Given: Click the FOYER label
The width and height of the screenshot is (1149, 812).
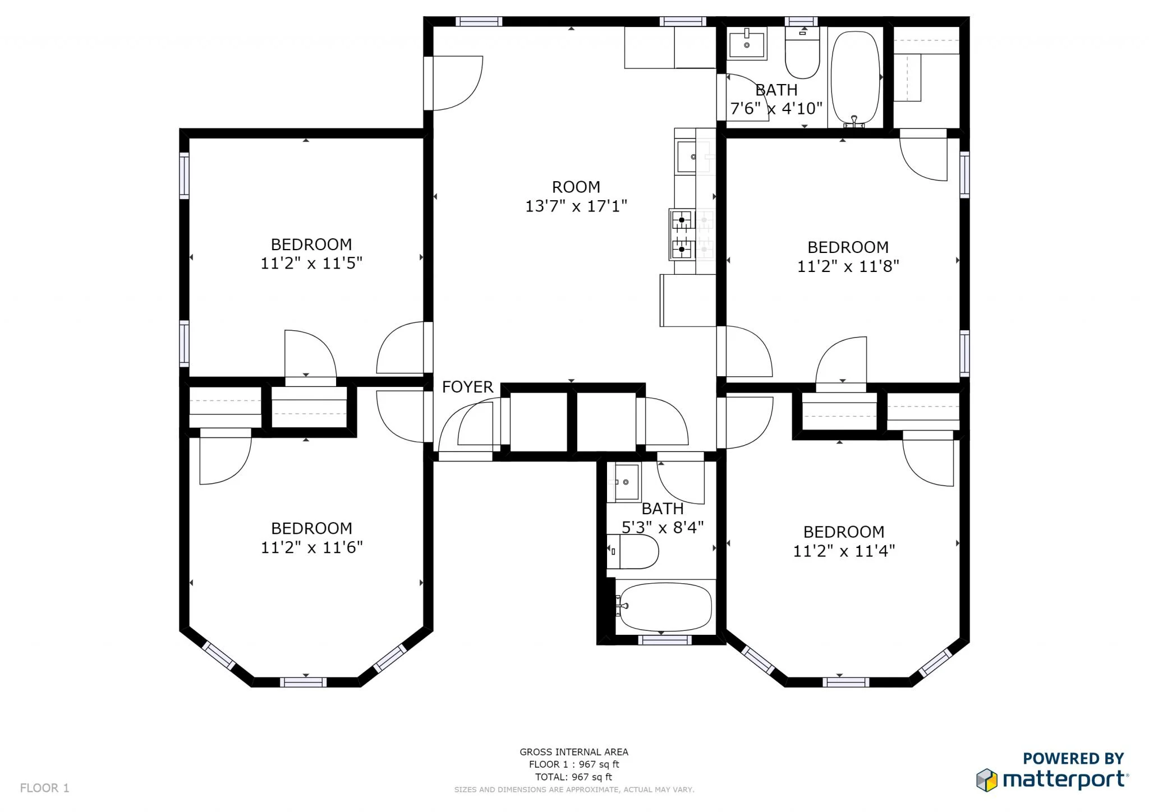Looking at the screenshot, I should tap(467, 387).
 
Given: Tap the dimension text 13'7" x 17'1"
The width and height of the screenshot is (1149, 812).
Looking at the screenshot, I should tap(576, 206).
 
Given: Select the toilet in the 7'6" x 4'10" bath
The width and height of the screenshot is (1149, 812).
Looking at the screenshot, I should tap(802, 53).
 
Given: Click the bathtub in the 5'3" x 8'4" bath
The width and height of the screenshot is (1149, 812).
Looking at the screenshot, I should tap(665, 607).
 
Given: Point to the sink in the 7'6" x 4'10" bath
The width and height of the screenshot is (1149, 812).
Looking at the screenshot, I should tap(747, 44).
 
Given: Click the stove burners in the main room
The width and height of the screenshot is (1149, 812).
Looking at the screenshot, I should tap(682, 234).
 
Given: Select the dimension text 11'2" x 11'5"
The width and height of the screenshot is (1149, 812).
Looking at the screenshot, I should tap(311, 263).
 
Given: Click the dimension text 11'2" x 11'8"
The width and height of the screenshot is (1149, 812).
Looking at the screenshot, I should tap(848, 266).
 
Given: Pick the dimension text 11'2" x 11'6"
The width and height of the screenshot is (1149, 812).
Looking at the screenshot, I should tap(311, 547).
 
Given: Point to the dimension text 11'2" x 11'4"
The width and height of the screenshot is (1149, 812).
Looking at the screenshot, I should tap(843, 551).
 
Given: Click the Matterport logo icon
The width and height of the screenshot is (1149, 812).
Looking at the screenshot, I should tap(987, 780).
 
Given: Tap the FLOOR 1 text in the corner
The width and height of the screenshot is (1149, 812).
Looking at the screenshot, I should tap(45, 788).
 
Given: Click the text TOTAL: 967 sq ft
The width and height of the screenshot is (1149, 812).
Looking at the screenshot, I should tap(573, 777).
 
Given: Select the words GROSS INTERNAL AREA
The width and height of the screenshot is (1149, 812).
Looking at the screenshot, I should tap(573, 752).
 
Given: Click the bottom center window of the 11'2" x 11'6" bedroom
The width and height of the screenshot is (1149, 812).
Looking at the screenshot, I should tap(303, 682).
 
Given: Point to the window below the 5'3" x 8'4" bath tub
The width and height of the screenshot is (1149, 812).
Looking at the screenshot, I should tap(664, 640).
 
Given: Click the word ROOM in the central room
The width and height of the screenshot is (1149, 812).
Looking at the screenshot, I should tap(576, 187).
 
